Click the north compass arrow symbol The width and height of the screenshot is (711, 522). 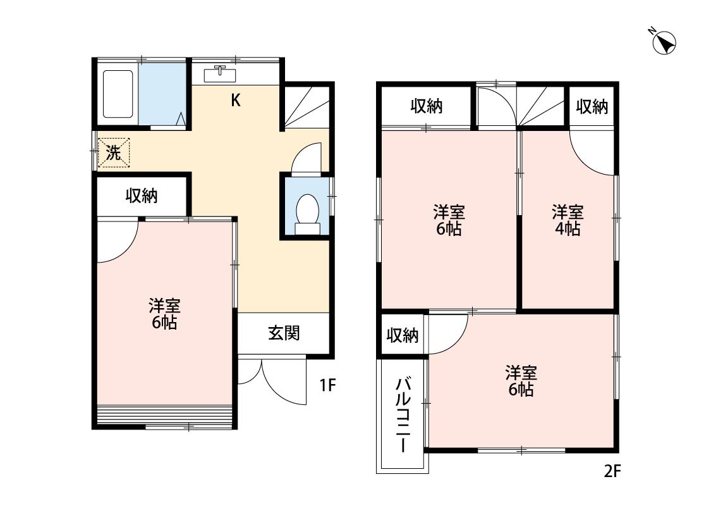pyautogui.click(x=664, y=42)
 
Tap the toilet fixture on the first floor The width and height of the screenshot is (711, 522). pyautogui.click(x=308, y=214)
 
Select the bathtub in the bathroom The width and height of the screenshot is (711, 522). pyautogui.click(x=118, y=94)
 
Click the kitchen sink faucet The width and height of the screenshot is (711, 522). pyautogui.click(x=221, y=70)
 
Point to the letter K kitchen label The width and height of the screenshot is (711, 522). pyautogui.click(x=236, y=101)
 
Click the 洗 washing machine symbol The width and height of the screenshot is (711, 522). pyautogui.click(x=114, y=153)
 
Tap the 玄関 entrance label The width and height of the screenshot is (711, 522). pyautogui.click(x=284, y=333)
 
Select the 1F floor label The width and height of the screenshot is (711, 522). pyautogui.click(x=327, y=385)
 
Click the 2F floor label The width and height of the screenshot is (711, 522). pyautogui.click(x=612, y=472)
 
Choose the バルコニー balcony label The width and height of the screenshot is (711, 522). pyautogui.click(x=403, y=415)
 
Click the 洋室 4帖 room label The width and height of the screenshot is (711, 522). pyautogui.click(x=568, y=221)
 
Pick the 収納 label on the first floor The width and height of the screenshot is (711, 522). pyautogui.click(x=142, y=196)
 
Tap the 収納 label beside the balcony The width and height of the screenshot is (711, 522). pyautogui.click(x=402, y=335)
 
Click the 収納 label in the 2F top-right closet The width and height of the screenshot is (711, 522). pyautogui.click(x=592, y=107)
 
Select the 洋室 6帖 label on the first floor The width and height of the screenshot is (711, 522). pyautogui.click(x=164, y=314)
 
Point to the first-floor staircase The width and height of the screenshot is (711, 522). pyautogui.click(x=307, y=107)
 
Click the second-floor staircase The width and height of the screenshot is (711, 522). pyautogui.click(x=543, y=107)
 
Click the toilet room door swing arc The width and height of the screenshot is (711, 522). pyautogui.click(x=306, y=159)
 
